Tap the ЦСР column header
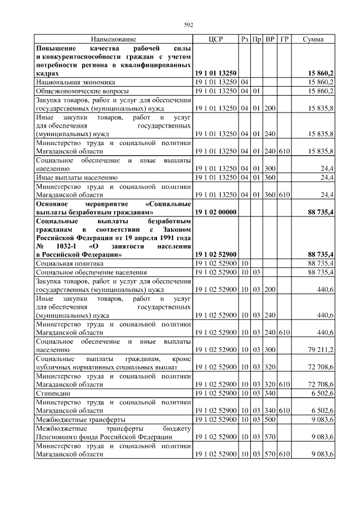pos(215,39)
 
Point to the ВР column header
pos(270,39)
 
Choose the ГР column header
pos(284,39)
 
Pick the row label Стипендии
pos(51,393)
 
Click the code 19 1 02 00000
pos(215,211)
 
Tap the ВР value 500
pos(270,419)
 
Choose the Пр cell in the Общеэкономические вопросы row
pos(256,90)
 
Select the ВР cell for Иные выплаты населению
pos(270,177)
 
